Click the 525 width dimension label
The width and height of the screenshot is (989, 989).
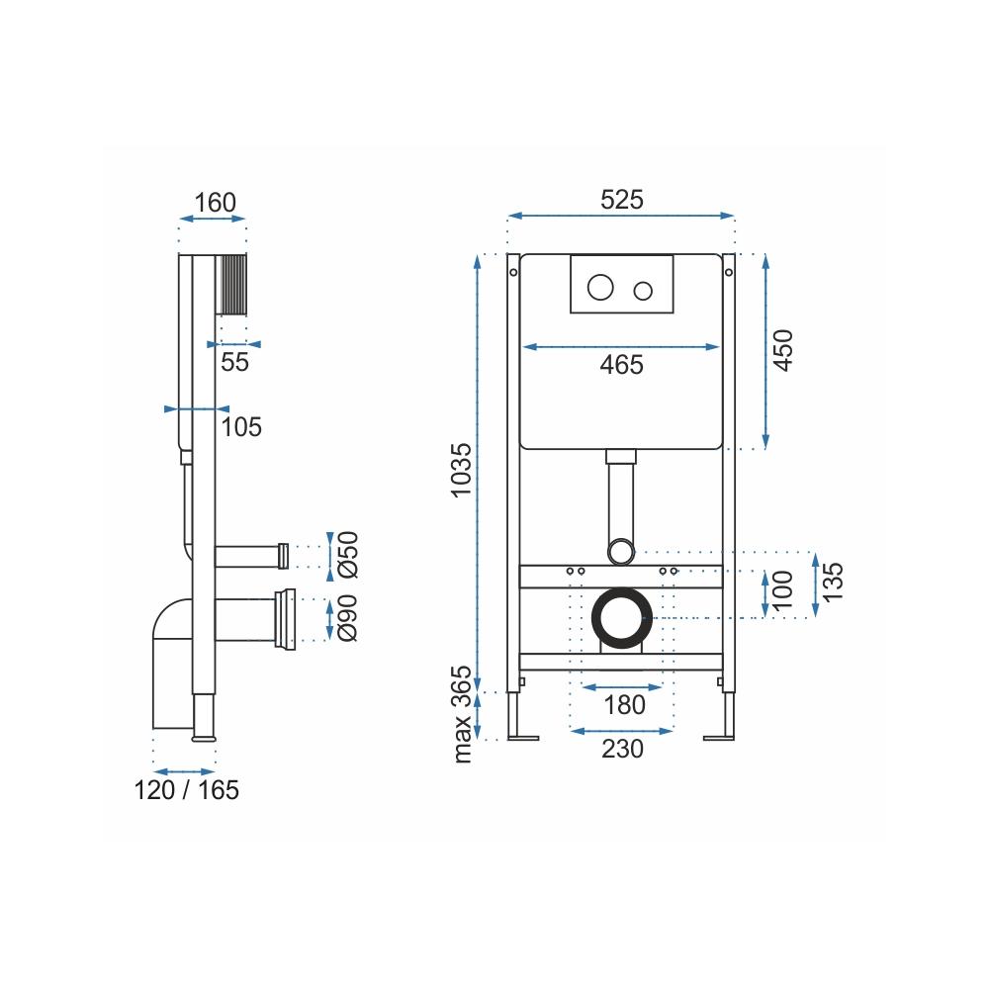pos(622,200)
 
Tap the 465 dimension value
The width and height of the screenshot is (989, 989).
pos(622,365)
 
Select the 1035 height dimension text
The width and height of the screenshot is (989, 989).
pos(461,470)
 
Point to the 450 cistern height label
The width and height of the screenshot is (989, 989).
pos(782,350)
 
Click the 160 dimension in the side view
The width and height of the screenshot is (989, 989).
pos(215,203)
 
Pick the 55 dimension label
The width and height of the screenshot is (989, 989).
pos(234,362)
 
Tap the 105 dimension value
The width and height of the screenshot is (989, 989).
pos(241,427)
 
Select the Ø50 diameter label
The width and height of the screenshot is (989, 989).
pos(348,555)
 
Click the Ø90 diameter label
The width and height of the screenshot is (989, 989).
pos(347,618)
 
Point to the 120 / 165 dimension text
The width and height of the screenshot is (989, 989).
pos(187,789)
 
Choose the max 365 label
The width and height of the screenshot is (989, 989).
pos(462,714)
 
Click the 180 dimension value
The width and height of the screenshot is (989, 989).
pos(624,705)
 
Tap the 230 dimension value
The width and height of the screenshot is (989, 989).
pos(622,749)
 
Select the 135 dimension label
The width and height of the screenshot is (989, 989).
pos(833,582)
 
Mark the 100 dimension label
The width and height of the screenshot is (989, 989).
pos(782,590)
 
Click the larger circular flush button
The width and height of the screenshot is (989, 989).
pos(600,288)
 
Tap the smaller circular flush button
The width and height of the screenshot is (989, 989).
pos(643,291)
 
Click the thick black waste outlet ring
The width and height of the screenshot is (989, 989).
pos(622,618)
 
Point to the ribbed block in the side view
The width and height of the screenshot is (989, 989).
pos(231,284)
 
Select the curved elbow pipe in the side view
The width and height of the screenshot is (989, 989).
pos(172,664)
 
